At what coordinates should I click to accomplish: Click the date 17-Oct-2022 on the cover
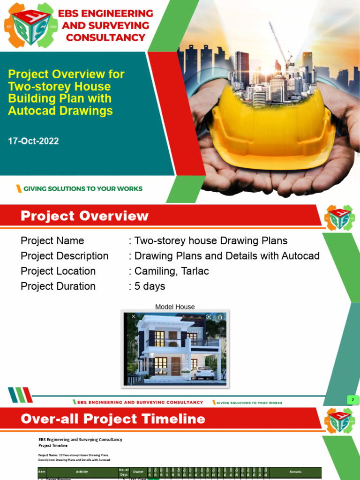coord(33,141)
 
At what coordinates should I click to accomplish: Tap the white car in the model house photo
coord(202,373)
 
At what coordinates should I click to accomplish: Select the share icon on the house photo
coord(220,317)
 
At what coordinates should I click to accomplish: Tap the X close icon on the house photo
coord(134,317)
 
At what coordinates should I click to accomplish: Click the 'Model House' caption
coord(175,307)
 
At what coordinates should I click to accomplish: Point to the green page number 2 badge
coord(352,400)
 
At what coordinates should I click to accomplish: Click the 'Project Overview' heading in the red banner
coord(84,216)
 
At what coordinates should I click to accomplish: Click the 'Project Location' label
coord(58,271)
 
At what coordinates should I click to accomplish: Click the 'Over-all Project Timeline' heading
coord(113,419)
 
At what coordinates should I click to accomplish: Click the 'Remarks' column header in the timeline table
coord(295,472)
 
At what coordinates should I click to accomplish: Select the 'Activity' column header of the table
coord(82,472)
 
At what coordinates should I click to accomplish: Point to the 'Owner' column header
coord(138,472)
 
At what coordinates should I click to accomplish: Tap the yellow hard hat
coord(272,127)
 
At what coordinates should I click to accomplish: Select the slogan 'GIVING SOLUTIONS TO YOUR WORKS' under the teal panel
coord(82,189)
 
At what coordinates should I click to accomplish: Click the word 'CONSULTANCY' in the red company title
coord(106,37)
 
